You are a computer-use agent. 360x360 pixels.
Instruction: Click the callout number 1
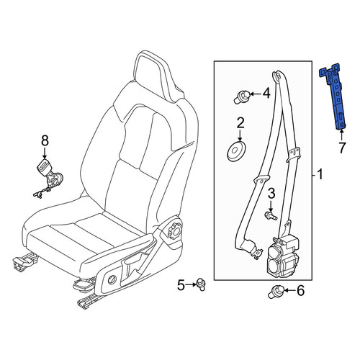click(320, 174)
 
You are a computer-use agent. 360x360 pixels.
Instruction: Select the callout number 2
click(240, 122)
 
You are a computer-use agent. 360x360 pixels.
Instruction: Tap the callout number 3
click(271, 194)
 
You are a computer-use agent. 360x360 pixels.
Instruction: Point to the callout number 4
click(266, 93)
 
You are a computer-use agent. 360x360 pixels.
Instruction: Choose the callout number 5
click(181, 285)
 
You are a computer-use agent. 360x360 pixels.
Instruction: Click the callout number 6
click(300, 291)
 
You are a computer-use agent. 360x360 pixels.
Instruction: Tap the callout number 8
click(45, 141)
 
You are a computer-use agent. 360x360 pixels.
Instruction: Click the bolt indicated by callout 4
click(242, 96)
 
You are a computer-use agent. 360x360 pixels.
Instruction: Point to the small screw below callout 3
click(271, 215)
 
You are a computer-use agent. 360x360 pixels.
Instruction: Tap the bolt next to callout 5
click(201, 284)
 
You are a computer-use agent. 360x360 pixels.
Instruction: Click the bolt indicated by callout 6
click(276, 291)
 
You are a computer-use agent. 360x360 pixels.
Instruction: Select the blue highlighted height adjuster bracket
click(336, 96)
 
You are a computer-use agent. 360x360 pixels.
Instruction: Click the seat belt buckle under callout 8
click(49, 176)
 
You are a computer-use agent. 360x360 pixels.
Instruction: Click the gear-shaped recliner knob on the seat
click(175, 230)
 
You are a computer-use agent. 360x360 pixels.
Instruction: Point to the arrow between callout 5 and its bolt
click(191, 284)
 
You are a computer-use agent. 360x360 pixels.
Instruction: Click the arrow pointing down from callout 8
click(45, 153)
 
